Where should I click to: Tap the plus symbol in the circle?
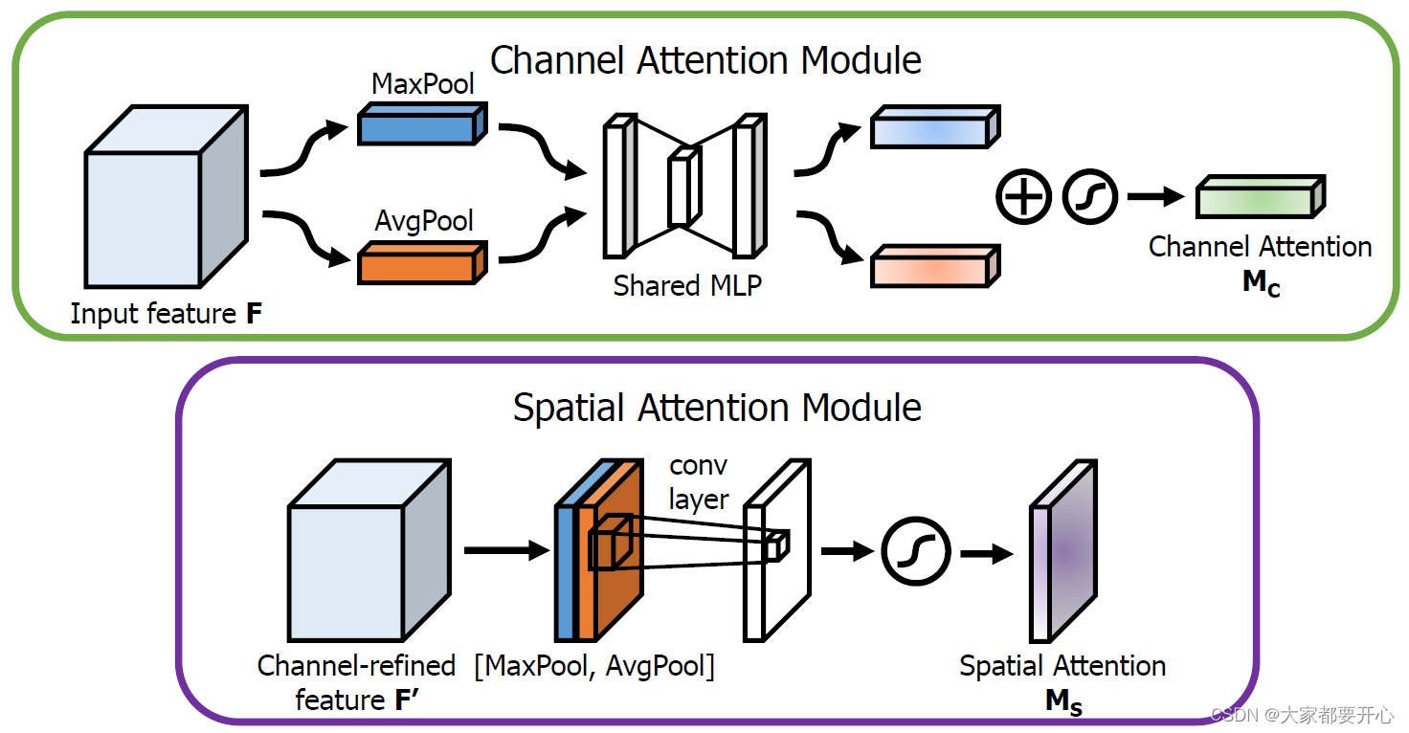pyautogui.click(x=1023, y=198)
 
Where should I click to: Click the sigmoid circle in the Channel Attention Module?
pyautogui.click(x=1090, y=198)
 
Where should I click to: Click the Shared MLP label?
pyautogui.click(x=687, y=285)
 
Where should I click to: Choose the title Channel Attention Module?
pyautogui.click(x=705, y=60)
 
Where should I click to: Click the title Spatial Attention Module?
pyautogui.click(x=717, y=408)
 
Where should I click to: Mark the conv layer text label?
pyautogui.click(x=699, y=482)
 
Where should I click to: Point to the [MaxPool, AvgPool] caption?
pyautogui.click(x=594, y=666)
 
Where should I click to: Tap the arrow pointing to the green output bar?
pyautogui.click(x=1156, y=198)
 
